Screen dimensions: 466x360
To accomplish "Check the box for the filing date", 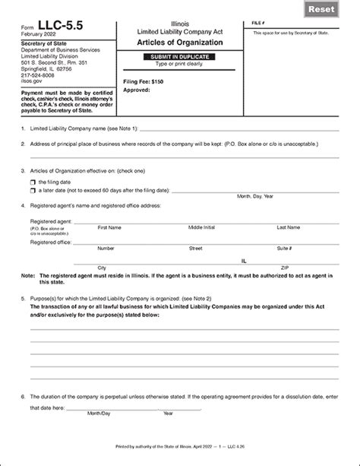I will [33, 182].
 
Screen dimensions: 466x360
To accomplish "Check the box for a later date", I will [33, 190].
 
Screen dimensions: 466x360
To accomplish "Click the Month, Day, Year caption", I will [255, 196].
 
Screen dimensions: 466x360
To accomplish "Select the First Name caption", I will [109, 227].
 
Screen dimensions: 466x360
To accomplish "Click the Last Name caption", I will [288, 227].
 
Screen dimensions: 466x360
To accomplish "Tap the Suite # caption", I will [284, 249].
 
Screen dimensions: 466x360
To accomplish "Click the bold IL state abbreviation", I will [243, 259].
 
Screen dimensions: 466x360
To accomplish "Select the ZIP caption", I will [285, 268].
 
